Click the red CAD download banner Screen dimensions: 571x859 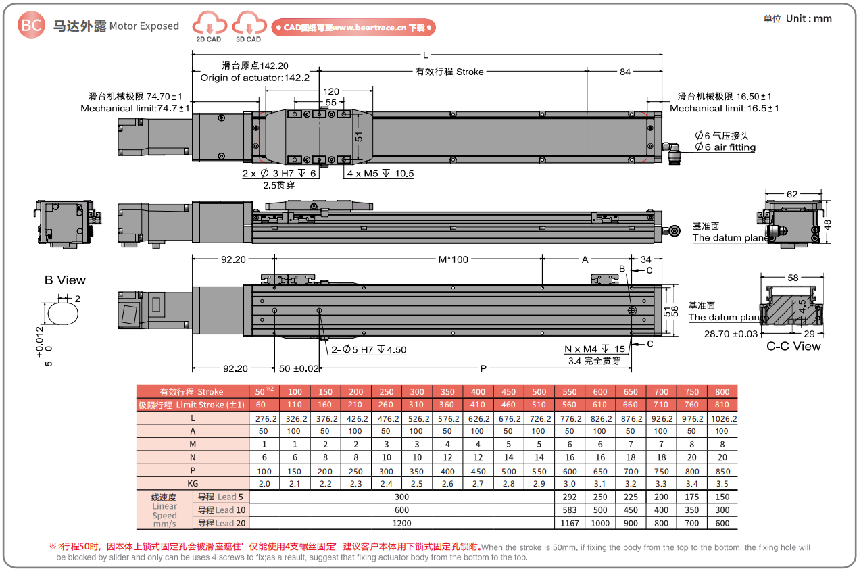(x=353, y=28)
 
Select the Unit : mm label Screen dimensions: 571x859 (x=797, y=19)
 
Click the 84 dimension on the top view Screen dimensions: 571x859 (x=624, y=72)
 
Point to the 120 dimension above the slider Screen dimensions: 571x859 (x=331, y=91)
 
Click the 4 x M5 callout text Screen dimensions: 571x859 (x=381, y=174)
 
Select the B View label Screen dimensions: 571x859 (x=65, y=280)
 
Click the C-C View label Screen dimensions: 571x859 (x=793, y=347)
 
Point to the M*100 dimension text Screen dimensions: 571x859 (x=453, y=259)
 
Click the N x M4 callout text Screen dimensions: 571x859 (x=595, y=349)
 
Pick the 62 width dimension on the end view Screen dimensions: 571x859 (x=791, y=195)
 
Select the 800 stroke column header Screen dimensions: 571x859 (x=722, y=392)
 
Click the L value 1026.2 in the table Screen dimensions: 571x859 (x=722, y=418)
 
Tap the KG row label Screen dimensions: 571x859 (x=193, y=483)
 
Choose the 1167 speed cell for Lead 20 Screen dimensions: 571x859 (x=569, y=523)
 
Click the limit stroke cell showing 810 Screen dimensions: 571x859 (x=722, y=405)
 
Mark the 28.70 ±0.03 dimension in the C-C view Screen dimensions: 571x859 (x=731, y=334)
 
